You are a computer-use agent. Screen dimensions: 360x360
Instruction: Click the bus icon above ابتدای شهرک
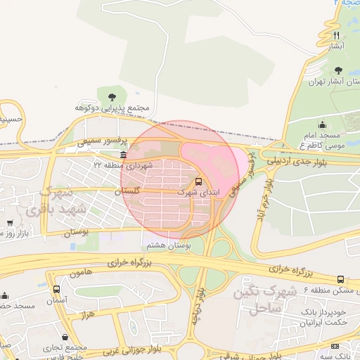coord(198,181)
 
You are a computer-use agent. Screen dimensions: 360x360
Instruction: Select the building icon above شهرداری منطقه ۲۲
coord(124,155)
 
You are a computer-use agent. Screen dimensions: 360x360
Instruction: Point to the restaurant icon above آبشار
coord(337,35)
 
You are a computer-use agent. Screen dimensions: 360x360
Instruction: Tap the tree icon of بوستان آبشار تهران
coord(339,70)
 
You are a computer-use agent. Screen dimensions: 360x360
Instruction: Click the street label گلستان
coord(127,191)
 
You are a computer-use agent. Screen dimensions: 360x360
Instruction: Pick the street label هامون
coord(83,271)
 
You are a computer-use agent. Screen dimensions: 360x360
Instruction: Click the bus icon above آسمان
coord(56,289)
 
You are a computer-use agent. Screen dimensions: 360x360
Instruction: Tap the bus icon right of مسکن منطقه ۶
coord(341,280)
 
